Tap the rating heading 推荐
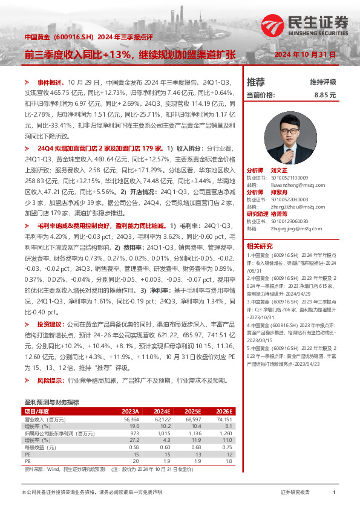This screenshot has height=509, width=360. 256,82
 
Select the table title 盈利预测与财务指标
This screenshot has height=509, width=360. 51,402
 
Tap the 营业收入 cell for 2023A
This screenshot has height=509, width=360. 131,419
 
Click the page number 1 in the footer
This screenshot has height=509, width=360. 334,493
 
